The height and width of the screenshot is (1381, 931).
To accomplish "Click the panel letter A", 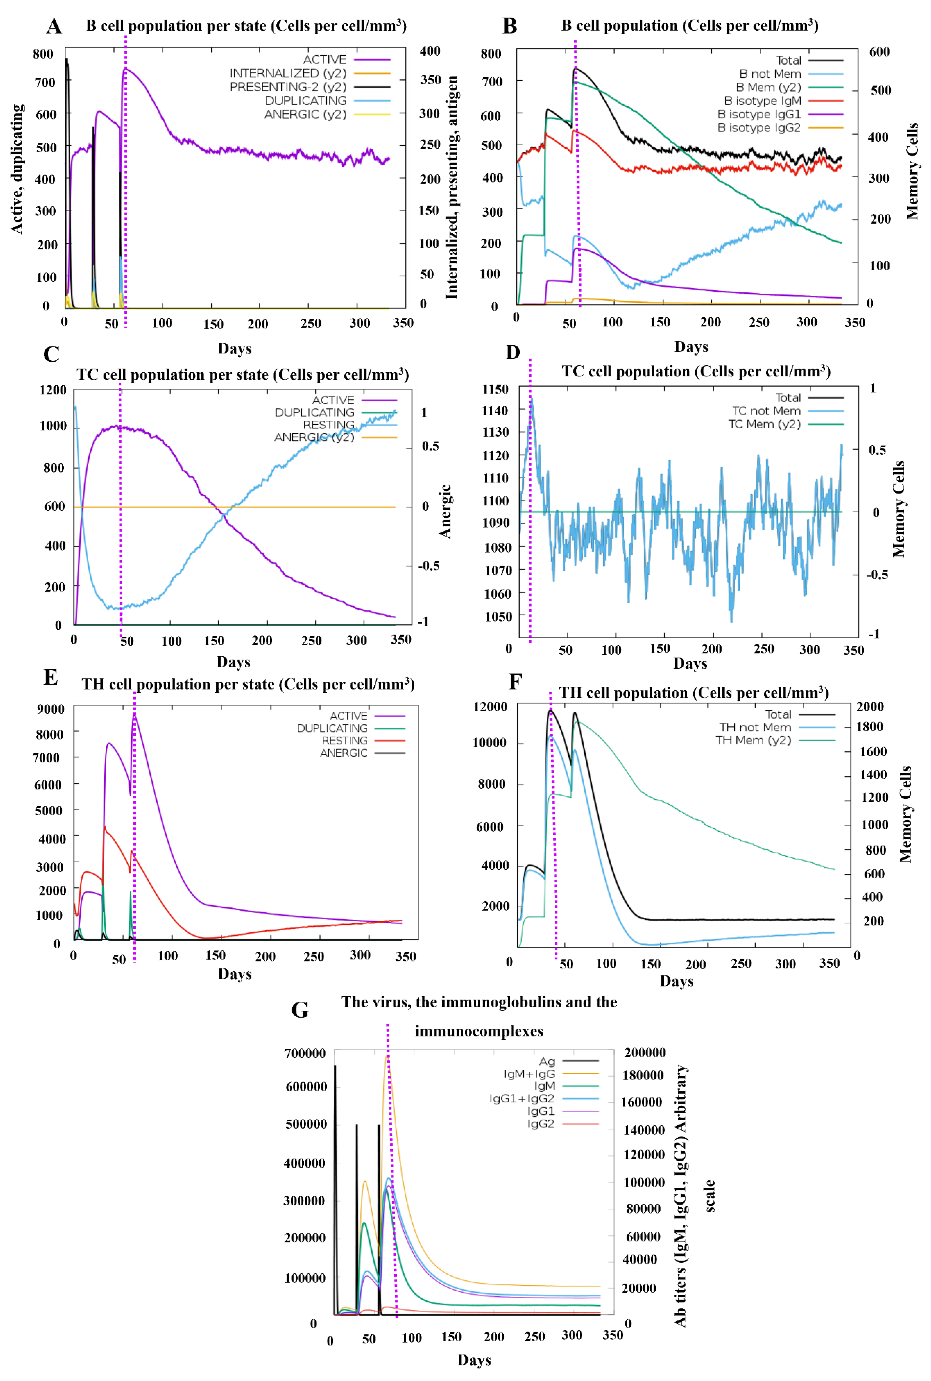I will click(54, 27).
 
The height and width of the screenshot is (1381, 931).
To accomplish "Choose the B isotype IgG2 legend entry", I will click(759, 128).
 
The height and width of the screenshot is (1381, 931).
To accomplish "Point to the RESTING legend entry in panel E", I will click(344, 740).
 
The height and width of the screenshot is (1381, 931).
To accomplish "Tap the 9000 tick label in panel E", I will click(50, 709).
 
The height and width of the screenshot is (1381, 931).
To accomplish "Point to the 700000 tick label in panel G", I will click(305, 1053).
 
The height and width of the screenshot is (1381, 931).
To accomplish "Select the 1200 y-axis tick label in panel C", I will click(53, 390).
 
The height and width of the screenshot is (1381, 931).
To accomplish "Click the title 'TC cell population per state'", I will click(242, 375).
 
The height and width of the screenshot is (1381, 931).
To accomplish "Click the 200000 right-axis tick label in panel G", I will click(645, 1053).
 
